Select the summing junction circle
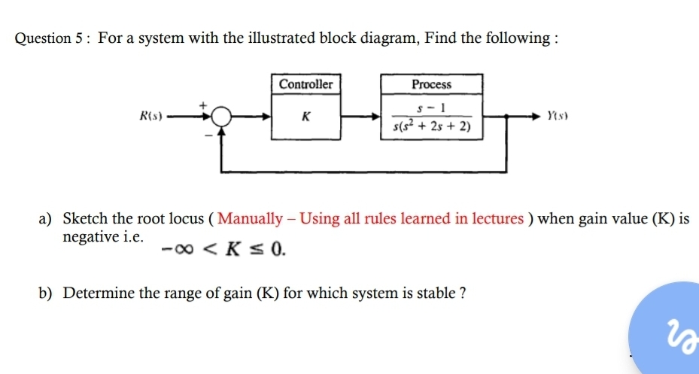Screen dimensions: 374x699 pos(221,117)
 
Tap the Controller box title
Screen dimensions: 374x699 pos(305,84)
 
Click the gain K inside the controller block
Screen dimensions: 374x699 pos(305,117)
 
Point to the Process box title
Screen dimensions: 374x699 pos(432,84)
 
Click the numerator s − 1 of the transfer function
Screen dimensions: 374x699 pos(431,108)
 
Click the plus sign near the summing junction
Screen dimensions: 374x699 pos(202,106)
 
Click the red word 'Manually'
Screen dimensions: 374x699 pos(256,219)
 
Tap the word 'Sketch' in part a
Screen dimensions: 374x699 pos(86,219)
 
